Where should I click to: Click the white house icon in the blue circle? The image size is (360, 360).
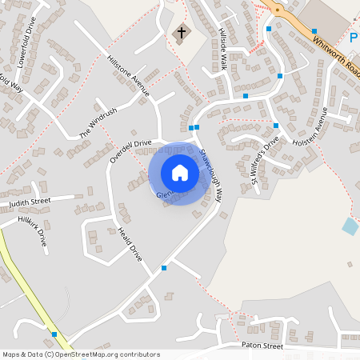click(180, 173)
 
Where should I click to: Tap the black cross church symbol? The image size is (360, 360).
click(182, 33)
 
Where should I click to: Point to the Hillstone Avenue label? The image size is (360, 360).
click(129, 76)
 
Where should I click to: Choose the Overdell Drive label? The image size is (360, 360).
click(130, 151)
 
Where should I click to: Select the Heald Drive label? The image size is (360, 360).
click(130, 243)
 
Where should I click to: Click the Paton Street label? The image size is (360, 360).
click(262, 346)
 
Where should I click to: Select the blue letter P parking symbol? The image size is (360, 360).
click(354, 38)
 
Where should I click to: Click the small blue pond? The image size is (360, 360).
click(350, 226)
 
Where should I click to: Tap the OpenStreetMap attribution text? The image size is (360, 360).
click(81, 354)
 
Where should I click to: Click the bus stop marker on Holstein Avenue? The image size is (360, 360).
click(275, 126)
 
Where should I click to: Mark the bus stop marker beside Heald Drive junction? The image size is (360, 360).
click(164, 268)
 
